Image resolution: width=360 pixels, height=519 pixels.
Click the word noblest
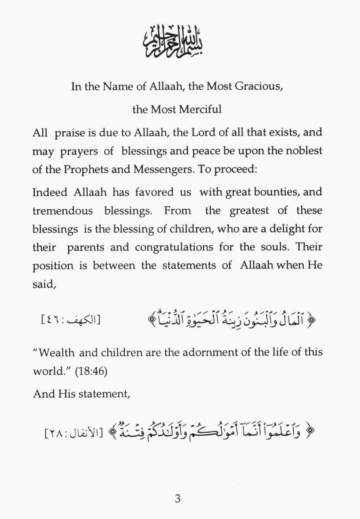(303, 151)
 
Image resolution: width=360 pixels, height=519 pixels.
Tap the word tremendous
(62, 211)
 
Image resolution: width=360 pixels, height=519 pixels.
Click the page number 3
(177, 499)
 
